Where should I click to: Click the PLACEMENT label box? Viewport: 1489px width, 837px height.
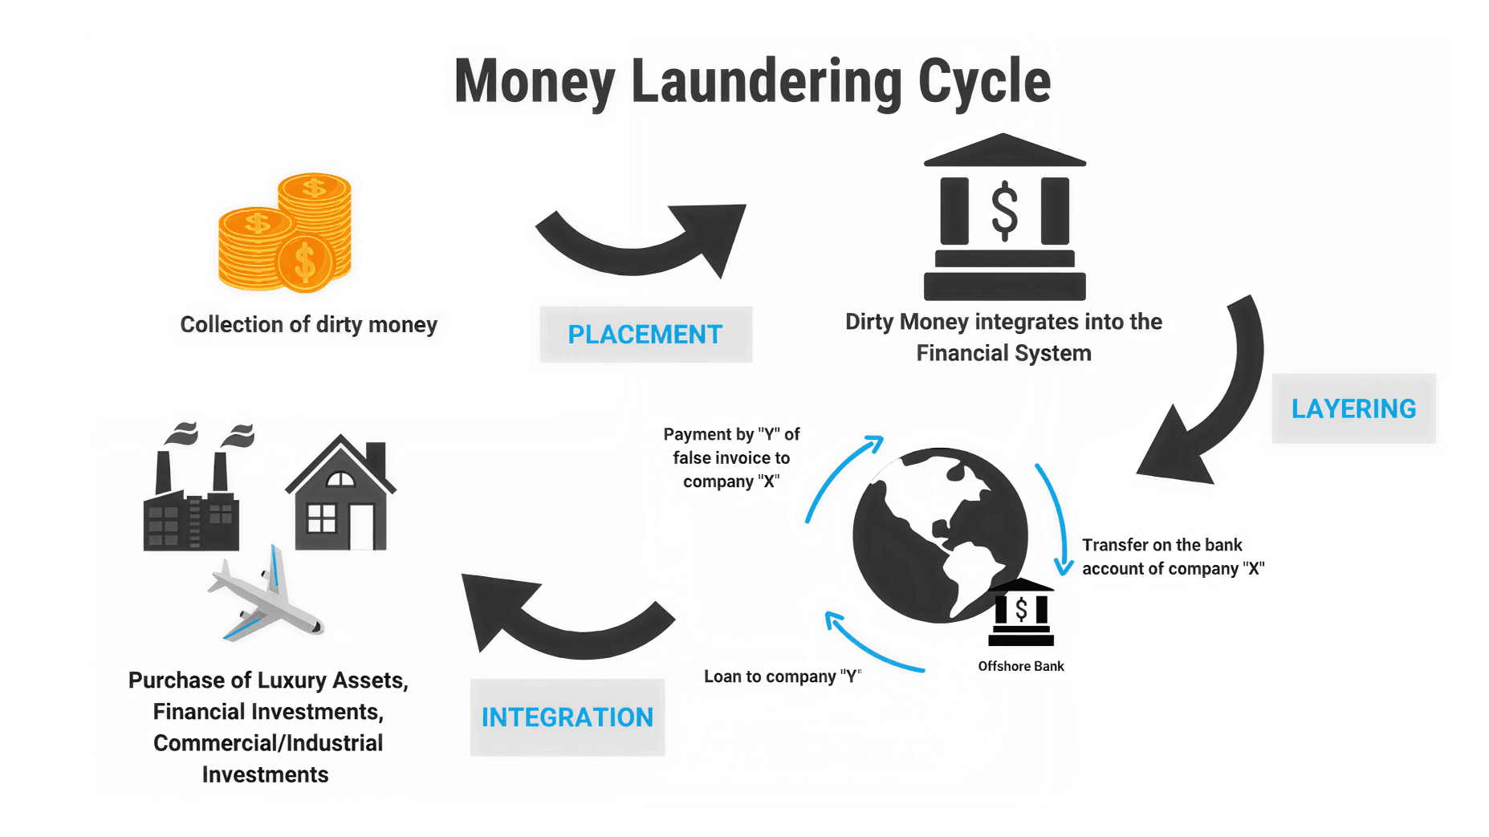tap(645, 334)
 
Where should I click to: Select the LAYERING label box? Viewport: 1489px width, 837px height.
tap(1353, 408)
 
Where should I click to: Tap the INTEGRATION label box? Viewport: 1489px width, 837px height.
tap(567, 717)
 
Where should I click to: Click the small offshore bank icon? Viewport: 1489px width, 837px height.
tap(1020, 613)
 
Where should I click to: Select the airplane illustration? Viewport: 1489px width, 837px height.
tap(266, 597)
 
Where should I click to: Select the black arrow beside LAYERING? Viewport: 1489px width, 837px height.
tap(1212, 401)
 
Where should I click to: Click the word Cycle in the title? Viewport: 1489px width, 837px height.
tap(984, 82)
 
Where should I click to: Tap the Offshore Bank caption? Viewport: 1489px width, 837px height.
tap(1020, 666)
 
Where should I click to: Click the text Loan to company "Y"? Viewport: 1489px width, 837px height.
tap(782, 677)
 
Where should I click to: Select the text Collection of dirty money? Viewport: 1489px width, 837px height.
tap(308, 324)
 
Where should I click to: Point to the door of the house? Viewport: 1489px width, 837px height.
tap(361, 526)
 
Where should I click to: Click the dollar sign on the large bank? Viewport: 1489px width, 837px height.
tap(1004, 212)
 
